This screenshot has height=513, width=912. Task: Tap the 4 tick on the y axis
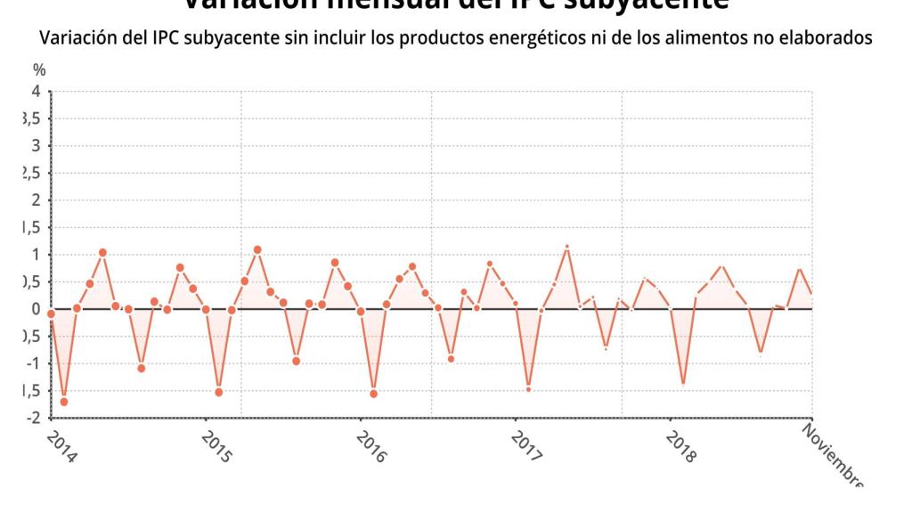(37, 92)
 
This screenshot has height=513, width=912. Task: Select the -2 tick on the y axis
(35, 418)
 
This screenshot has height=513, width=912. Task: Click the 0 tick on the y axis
(37, 309)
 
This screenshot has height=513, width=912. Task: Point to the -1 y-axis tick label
(35, 363)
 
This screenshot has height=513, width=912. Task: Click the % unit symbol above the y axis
(38, 69)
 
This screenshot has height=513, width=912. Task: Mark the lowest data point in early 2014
(64, 402)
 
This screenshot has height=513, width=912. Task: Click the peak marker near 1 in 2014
(102, 253)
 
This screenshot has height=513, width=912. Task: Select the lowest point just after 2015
(219, 392)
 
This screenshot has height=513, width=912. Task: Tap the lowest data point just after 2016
(373, 394)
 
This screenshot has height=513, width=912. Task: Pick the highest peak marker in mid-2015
(257, 250)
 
